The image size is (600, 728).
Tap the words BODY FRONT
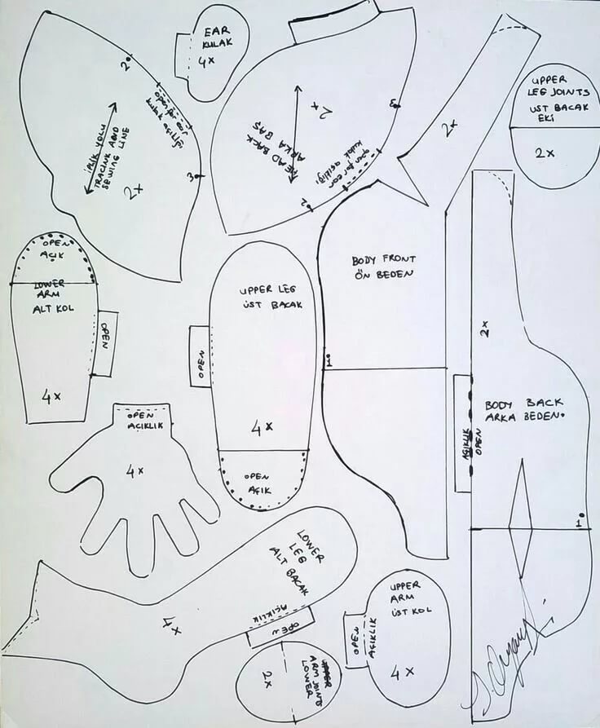click(384, 259)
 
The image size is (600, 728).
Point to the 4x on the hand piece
click(135, 470)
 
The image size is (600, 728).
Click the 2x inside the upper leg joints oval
click(545, 152)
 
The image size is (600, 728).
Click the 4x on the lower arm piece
click(51, 396)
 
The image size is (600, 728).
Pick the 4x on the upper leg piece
click(262, 426)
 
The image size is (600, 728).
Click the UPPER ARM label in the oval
click(405, 592)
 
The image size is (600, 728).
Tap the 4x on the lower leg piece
click(171, 626)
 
